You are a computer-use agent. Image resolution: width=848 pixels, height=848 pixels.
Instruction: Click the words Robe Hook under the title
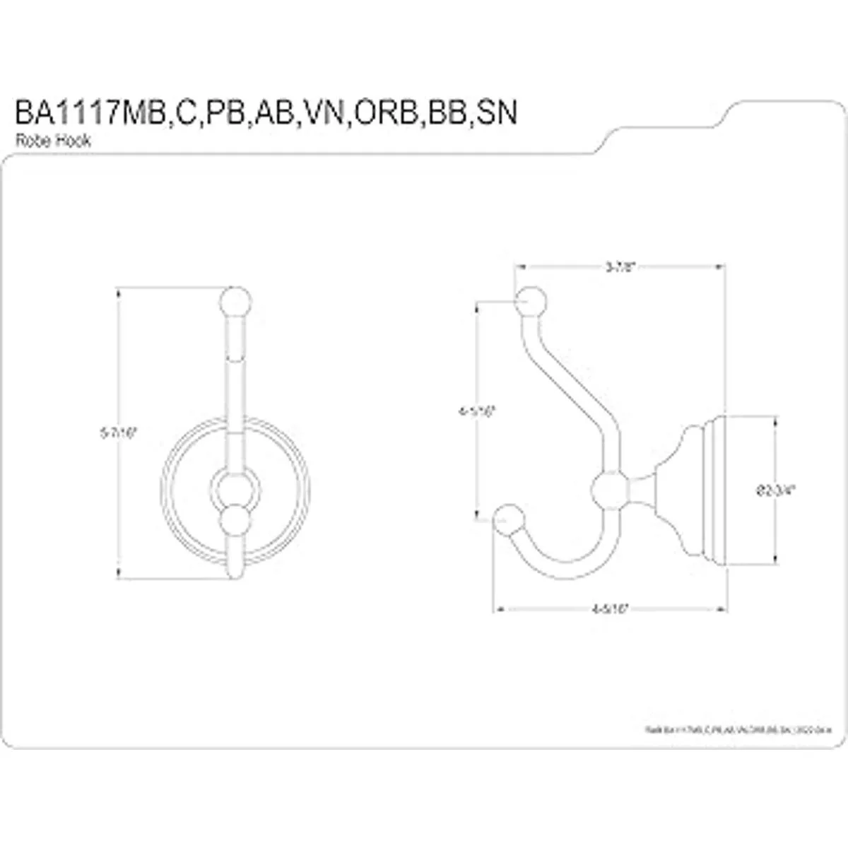[54, 141]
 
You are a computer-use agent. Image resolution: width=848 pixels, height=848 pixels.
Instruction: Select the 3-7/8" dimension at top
[622, 267]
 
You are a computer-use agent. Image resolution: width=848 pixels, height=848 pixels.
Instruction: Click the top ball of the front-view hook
[236, 301]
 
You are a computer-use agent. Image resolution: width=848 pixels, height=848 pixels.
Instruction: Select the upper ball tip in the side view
[532, 302]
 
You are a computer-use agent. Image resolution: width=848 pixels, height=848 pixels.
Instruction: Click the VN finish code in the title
[320, 113]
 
